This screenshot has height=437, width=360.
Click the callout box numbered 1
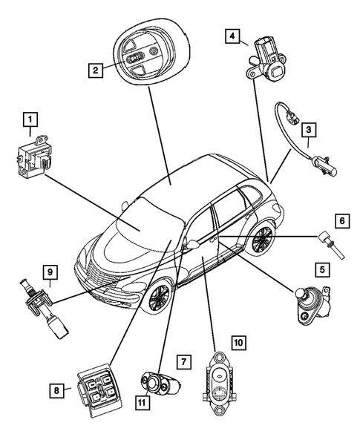point(30,119)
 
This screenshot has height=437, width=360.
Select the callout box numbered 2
point(95,71)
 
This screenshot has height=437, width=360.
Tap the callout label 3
point(311,129)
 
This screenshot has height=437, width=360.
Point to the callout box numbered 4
point(233,36)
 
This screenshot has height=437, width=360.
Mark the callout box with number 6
point(342,220)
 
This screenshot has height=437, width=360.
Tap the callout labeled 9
point(50,272)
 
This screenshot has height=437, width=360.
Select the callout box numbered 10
point(238,343)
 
